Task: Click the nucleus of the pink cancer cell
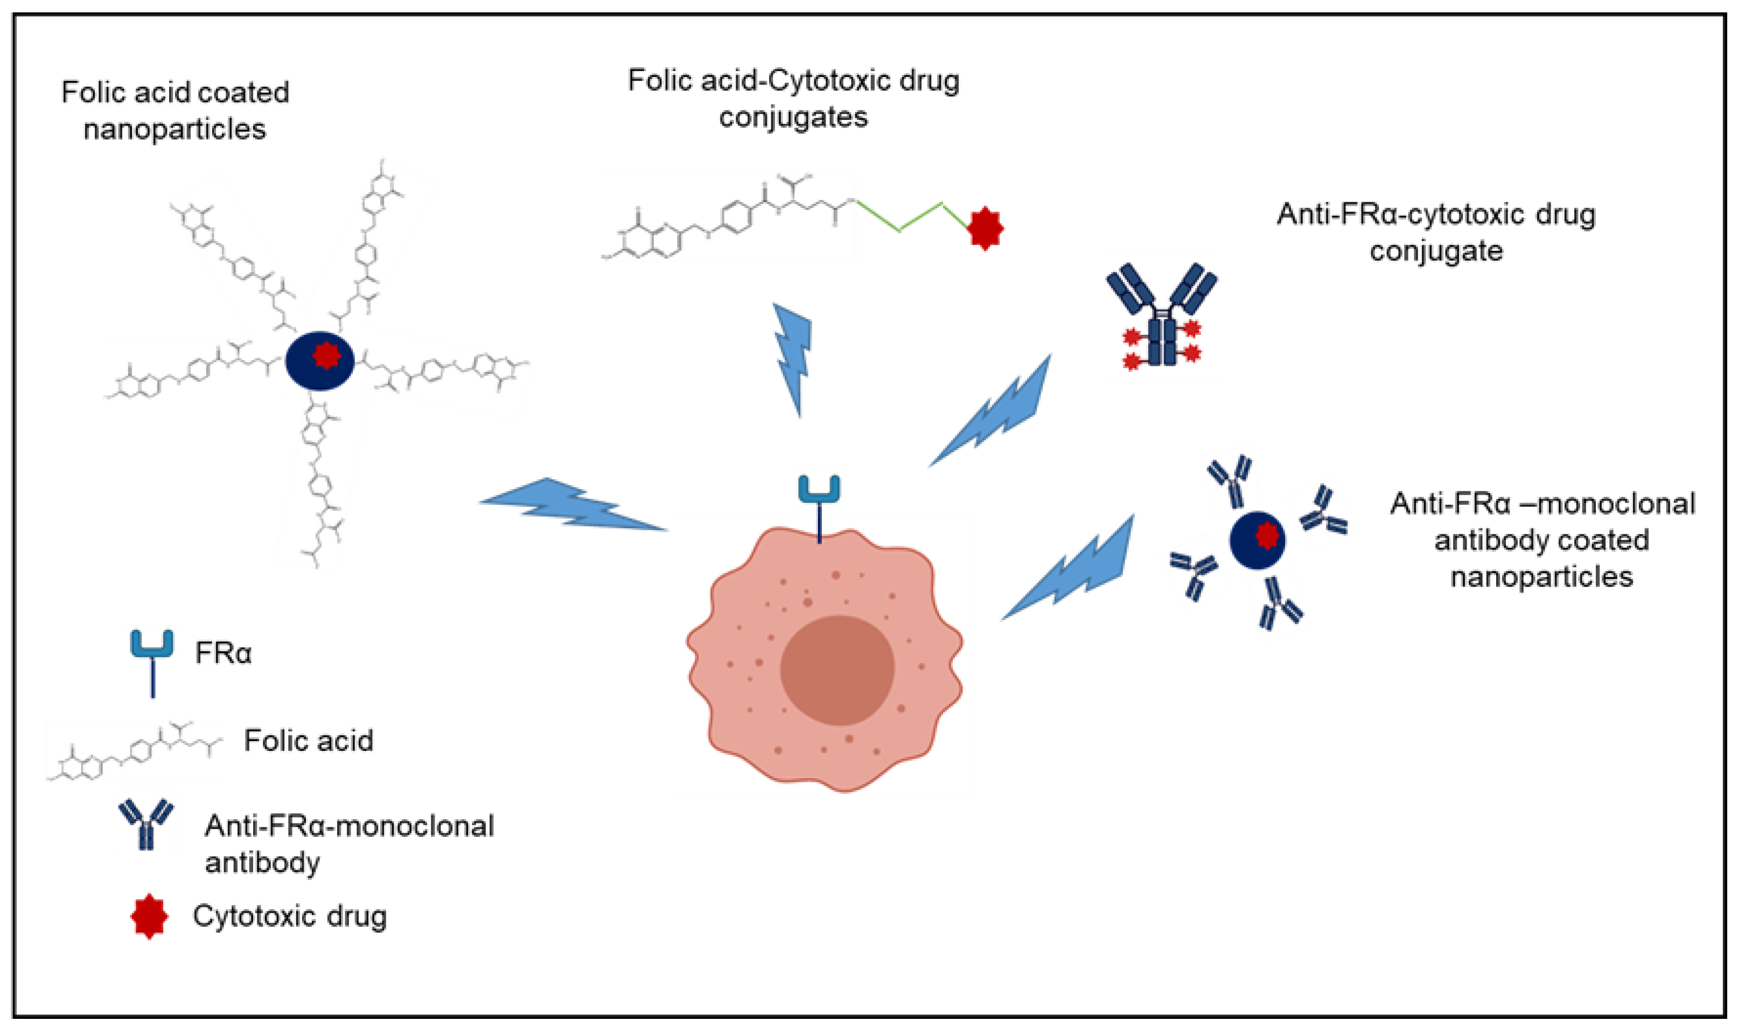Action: click(x=836, y=670)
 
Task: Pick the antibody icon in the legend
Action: click(x=146, y=823)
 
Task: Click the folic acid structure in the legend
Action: click(x=135, y=751)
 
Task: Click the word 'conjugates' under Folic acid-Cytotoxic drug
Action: click(x=793, y=117)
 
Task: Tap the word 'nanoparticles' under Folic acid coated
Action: click(x=175, y=130)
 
